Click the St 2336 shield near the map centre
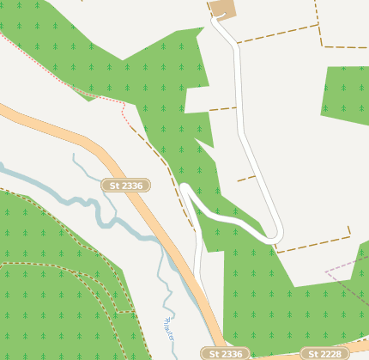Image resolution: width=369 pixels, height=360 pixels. click(x=126, y=185)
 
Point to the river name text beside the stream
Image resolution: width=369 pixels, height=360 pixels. click(x=167, y=326)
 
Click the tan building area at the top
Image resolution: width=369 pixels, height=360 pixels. click(x=222, y=9)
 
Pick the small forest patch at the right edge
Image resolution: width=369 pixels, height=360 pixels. click(x=346, y=93)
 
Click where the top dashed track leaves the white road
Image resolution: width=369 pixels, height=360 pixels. click(x=238, y=40)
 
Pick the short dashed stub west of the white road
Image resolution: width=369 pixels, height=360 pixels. click(x=222, y=109)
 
